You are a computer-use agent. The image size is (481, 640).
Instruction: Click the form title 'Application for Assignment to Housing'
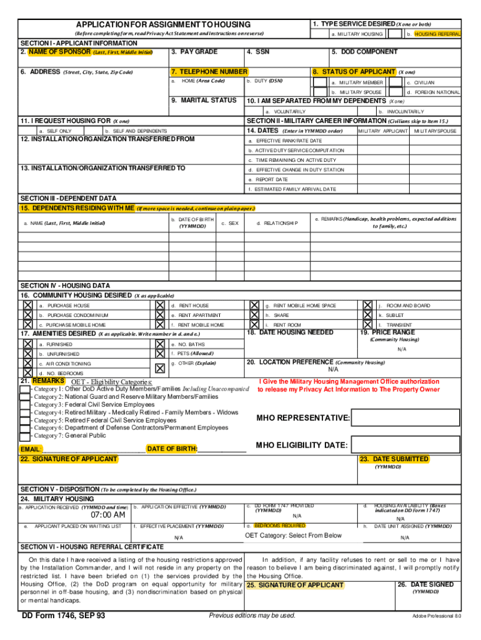[x=163, y=24]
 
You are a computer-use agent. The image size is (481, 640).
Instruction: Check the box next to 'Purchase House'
[x=27, y=305]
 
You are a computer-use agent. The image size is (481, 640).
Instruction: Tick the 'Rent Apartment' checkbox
[x=161, y=315]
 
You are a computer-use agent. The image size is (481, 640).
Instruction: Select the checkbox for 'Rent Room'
[x=254, y=325]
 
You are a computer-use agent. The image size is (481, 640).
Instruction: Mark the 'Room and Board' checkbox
[x=368, y=305]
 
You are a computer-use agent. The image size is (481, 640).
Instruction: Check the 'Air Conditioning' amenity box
[x=27, y=363]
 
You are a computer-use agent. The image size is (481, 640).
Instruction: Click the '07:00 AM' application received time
[x=107, y=515]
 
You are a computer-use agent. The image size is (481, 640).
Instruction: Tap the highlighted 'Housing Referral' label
[x=437, y=34]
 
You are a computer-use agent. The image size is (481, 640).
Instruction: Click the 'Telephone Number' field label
[x=209, y=72]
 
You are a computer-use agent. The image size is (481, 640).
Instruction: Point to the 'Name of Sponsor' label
[x=56, y=52]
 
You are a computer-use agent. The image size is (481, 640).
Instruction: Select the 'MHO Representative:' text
[x=303, y=417]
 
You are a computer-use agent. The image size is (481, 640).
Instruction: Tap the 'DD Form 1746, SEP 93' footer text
[x=64, y=616]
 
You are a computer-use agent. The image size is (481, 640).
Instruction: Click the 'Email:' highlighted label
[x=31, y=449]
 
